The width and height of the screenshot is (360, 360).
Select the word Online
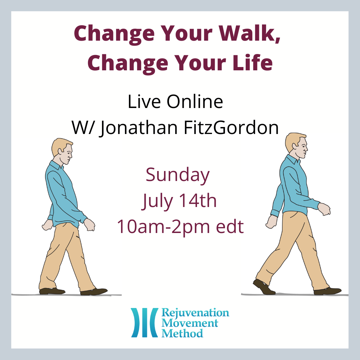(x=195, y=101)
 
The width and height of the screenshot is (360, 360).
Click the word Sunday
(x=177, y=175)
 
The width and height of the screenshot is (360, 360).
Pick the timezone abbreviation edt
(x=230, y=226)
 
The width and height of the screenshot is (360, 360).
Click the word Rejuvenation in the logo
(x=195, y=313)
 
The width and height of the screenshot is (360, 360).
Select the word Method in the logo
(x=182, y=333)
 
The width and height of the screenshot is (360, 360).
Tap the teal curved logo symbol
(x=144, y=323)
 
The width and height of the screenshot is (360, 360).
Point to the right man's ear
(x=295, y=146)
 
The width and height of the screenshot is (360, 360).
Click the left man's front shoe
(x=94, y=292)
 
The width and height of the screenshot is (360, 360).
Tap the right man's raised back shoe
(x=264, y=287)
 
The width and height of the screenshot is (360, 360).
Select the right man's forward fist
(x=324, y=209)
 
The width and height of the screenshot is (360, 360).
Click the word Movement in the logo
(x=190, y=323)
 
